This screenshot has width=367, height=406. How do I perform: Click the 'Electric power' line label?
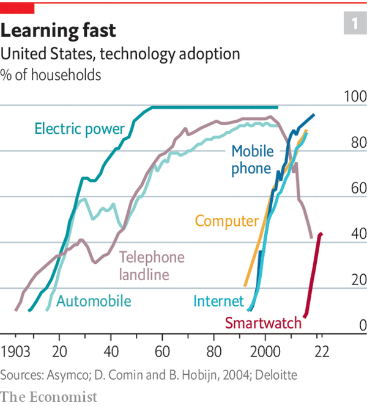click(x=80, y=129)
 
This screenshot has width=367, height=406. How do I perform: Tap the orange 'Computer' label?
click(x=227, y=221)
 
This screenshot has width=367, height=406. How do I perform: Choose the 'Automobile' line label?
click(x=94, y=301)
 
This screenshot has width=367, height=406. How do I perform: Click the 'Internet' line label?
click(x=218, y=301)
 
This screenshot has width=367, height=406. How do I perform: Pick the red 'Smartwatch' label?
click(x=264, y=323)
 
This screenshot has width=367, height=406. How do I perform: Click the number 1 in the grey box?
click(x=354, y=24)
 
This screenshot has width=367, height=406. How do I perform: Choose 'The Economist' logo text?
click(x=49, y=396)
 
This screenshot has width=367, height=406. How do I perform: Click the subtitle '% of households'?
click(x=51, y=76)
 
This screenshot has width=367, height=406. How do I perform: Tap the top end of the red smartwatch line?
click(x=322, y=234)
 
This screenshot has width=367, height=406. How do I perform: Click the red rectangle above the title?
click(x=17, y=7)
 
